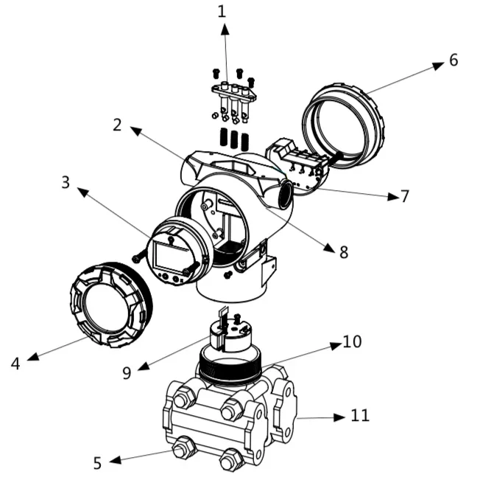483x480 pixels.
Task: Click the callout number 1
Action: pos(222,11)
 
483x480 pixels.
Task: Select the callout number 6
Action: pos(454,60)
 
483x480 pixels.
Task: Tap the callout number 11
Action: pos(360,416)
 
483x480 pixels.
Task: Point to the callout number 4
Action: pos(15,364)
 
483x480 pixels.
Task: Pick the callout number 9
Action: pos(127,373)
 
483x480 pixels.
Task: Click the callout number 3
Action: pos(66,182)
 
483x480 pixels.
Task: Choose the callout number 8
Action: pos(344,252)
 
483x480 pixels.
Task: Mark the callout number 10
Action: pos(352,341)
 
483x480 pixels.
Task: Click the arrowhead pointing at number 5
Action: pos(115,460)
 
